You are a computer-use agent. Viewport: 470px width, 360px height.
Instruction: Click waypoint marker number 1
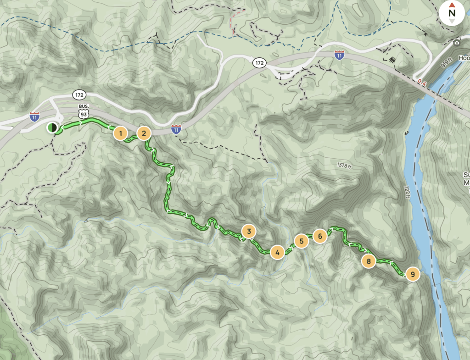120,133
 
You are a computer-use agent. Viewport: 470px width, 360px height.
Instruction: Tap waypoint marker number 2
144,133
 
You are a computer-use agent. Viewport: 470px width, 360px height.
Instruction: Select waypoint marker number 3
248,232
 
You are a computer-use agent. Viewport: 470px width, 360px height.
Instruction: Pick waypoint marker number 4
277,252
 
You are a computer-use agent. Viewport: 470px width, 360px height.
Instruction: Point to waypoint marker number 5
301,241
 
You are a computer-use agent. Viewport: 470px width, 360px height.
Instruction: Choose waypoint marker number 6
320,236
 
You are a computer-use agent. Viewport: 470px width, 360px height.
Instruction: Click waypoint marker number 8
369,262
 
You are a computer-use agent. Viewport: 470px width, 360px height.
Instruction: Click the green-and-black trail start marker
52,127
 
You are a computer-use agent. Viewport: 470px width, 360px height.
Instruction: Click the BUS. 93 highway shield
83,112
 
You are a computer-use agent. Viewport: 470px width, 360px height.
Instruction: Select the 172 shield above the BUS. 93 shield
79,94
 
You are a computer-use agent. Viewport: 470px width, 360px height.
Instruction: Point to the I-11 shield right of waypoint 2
176,130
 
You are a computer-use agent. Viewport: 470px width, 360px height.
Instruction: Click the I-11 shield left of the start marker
34,116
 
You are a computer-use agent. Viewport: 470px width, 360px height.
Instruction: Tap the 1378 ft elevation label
343,165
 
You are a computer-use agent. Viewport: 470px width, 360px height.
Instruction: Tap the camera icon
457,43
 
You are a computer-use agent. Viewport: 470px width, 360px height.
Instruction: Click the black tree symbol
392,59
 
